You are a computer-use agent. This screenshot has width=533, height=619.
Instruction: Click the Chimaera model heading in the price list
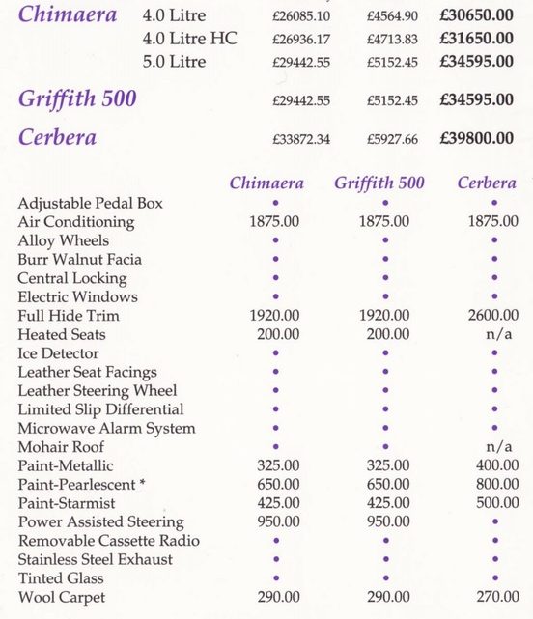(68, 15)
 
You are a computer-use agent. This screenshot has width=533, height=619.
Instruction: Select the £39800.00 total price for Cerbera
(476, 139)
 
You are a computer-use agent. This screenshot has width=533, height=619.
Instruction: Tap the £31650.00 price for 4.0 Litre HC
(476, 39)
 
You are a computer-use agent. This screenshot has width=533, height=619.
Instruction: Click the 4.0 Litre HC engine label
(189, 39)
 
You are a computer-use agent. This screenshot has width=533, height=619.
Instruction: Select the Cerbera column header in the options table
(487, 183)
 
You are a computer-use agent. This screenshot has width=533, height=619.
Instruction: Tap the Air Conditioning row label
(76, 222)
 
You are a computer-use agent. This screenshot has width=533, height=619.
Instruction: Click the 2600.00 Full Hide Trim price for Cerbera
(493, 316)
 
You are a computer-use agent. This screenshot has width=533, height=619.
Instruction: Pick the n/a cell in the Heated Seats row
(493, 334)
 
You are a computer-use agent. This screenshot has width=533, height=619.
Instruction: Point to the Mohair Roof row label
(61, 447)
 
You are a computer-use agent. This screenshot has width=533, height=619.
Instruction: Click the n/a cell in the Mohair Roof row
(493, 447)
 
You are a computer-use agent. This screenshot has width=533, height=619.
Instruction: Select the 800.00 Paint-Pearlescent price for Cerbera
(493, 485)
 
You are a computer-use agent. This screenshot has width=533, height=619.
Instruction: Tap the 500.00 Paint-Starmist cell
(493, 503)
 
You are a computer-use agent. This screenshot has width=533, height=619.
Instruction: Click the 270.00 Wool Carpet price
(493, 597)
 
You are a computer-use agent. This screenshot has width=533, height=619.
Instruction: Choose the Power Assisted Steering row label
(100, 522)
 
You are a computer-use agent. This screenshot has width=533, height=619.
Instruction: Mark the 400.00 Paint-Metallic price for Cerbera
(493, 465)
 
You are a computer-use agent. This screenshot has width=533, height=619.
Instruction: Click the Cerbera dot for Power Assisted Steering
(493, 522)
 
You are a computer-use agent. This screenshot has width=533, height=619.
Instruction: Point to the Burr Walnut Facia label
(79, 260)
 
